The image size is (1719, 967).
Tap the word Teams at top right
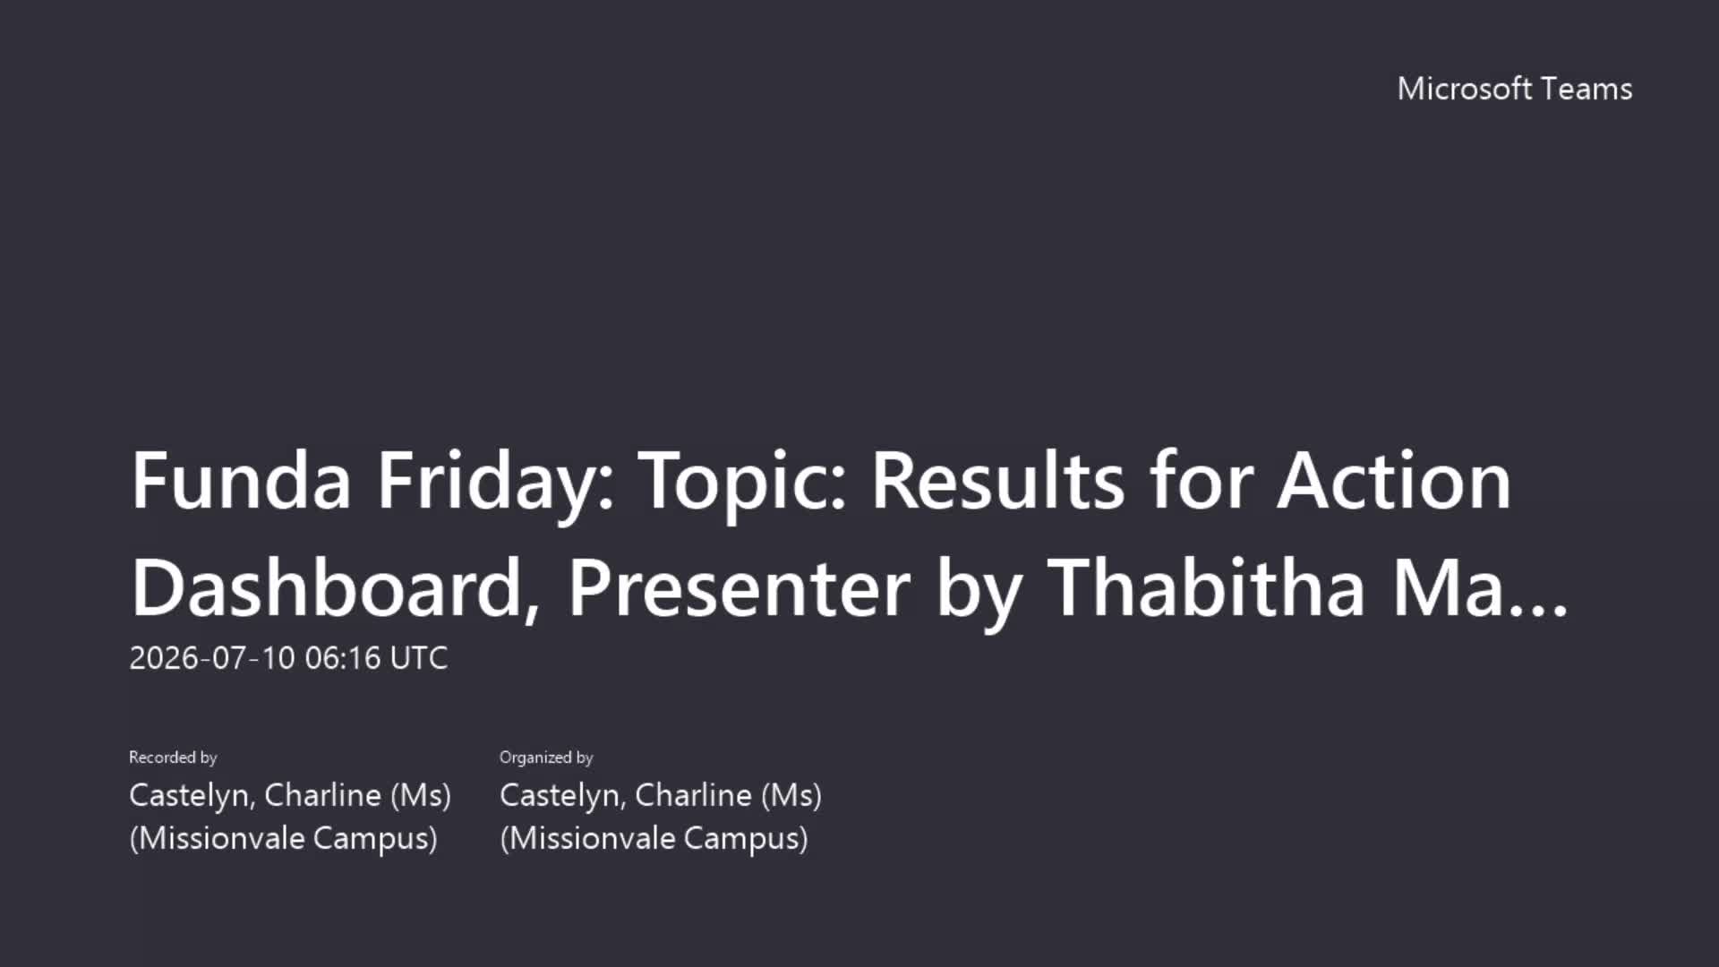coord(1586,89)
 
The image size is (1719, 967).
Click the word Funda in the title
coord(241,481)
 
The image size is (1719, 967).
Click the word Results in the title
coord(997,481)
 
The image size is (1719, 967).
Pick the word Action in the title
coord(1394,481)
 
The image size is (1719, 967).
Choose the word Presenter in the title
coord(739,588)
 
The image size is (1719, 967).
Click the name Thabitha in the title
coord(1206,586)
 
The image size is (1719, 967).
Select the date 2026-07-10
coord(212,658)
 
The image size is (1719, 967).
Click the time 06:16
coord(343,658)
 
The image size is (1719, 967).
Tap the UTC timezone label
coord(419,658)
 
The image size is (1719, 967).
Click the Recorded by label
coord(173,757)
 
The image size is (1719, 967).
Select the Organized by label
coord(546,757)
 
